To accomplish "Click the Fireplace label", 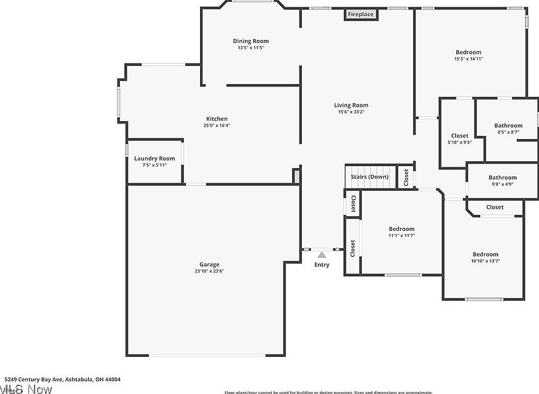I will pos(361,14).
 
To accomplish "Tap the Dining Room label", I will pos(251,41).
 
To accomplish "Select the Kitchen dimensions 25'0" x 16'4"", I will pos(217,125).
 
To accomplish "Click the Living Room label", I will pos(351,105).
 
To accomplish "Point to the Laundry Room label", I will pos(154,159).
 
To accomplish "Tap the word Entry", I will pos(322,265).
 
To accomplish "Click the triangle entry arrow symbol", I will pos(321,254).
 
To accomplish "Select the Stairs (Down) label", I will pos(369,177).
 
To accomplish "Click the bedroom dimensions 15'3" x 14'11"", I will pos(468,59).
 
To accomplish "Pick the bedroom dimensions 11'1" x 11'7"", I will pos(401,235).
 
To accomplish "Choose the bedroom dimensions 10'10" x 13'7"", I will pos(485,261).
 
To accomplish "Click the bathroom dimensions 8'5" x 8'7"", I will pos(508,132).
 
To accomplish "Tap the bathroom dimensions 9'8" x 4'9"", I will pos(503,184).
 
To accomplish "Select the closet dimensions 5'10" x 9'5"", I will pos(459,142).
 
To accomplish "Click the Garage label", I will pos(209,264).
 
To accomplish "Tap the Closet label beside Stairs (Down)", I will pos(406,177).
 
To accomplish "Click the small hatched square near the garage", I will pos(297,176).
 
